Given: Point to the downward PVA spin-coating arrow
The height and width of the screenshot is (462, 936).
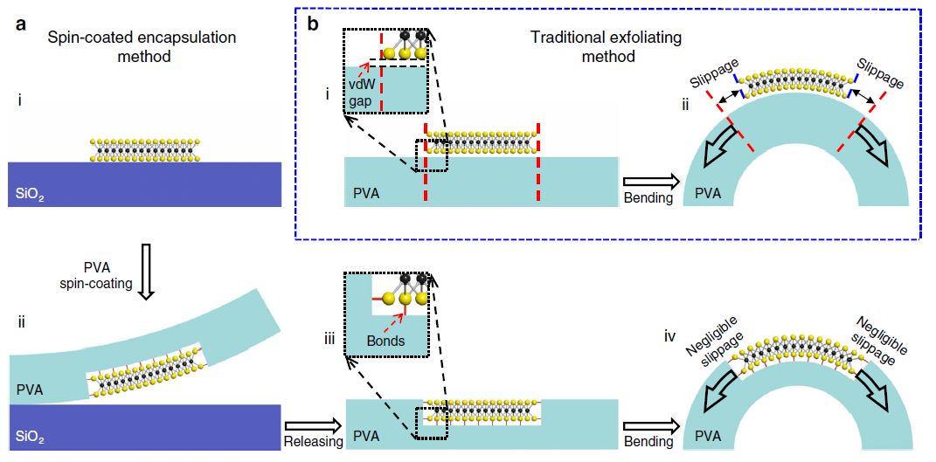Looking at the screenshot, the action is click(146, 277).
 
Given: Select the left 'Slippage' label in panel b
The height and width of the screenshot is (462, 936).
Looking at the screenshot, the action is click(711, 77).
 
